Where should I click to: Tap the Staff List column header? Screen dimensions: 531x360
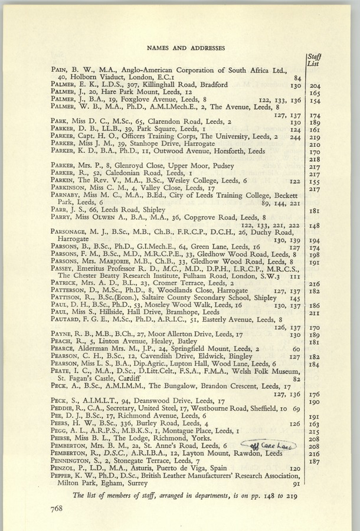[x=314, y=60]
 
